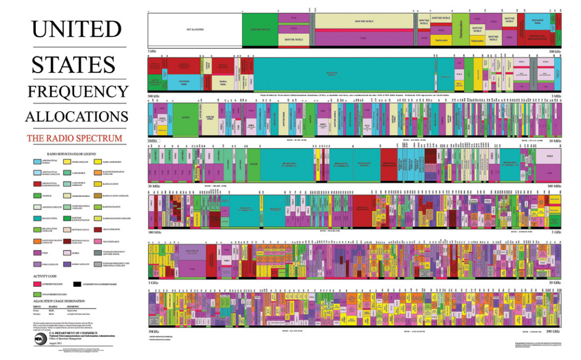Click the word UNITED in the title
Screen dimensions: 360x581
[76, 28]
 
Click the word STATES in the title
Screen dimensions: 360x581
[73, 65]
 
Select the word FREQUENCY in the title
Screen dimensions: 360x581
[78, 91]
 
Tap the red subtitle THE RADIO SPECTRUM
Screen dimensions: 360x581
[74, 138]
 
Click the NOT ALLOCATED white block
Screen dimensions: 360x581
[195, 29]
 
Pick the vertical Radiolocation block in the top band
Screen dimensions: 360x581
[460, 29]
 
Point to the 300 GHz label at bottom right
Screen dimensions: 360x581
[553, 331]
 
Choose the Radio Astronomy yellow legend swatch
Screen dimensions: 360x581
[98, 161]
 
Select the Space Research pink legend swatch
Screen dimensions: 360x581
[98, 241]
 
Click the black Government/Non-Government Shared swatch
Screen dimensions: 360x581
[77, 284]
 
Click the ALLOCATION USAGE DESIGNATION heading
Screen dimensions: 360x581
[59, 300]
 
